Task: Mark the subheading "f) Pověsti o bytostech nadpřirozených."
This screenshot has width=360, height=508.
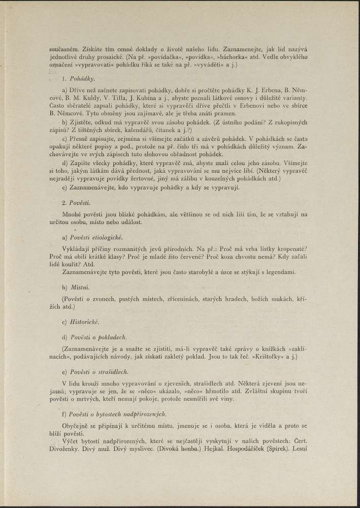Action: [114, 415]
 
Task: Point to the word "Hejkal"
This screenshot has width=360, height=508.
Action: [214, 449]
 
